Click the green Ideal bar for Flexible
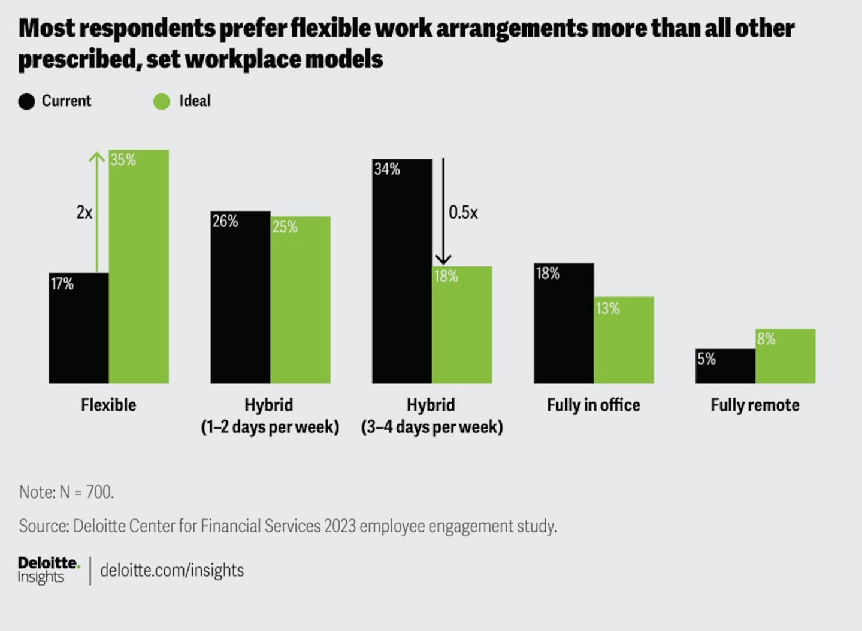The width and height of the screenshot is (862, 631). coord(138,266)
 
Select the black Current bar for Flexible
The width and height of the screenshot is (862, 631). coord(78,328)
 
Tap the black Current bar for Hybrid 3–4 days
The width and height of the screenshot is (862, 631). coord(401,271)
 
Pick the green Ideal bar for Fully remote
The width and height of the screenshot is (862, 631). coord(785,356)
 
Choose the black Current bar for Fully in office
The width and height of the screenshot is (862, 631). coord(564,323)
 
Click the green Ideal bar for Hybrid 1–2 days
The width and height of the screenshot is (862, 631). coord(300,299)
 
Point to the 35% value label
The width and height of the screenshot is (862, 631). coord(123,160)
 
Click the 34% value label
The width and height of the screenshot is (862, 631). coord(387,169)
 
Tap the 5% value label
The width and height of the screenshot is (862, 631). coord(706,359)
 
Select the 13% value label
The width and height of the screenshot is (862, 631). coord(607,309)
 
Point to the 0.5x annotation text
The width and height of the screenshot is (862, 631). coord(463,213)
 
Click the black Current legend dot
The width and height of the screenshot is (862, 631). coord(27,101)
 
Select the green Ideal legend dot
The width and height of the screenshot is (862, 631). coord(162,101)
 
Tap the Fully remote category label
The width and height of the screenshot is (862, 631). coord(755,405)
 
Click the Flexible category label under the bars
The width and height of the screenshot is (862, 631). coord(108,405)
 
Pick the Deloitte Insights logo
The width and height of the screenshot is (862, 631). coord(48,569)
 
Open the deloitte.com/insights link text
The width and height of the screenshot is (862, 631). coord(172,570)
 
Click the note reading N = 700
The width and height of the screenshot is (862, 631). coord(66,492)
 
